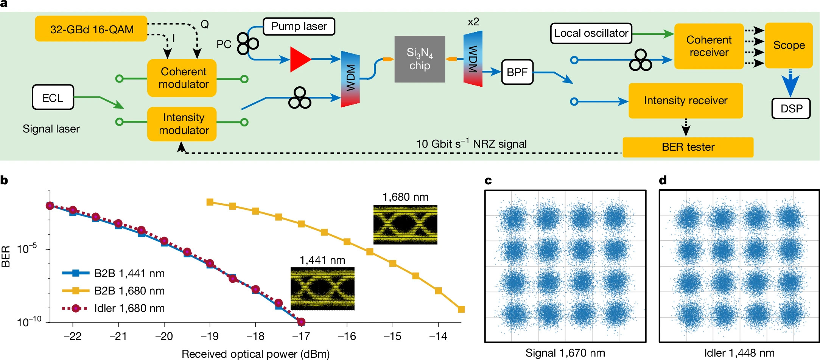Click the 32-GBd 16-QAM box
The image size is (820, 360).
(x=91, y=29)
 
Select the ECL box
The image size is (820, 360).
(x=53, y=97)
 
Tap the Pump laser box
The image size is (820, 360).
(x=299, y=26)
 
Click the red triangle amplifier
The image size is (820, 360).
(x=299, y=59)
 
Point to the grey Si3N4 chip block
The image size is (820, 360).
(x=419, y=59)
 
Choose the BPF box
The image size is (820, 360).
(x=517, y=72)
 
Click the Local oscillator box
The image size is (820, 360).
(x=591, y=33)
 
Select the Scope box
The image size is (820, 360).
(x=789, y=45)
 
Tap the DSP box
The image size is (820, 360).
(x=791, y=109)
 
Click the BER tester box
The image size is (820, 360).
(x=688, y=147)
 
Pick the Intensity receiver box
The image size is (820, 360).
(x=685, y=101)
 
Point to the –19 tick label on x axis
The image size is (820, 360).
(x=210, y=336)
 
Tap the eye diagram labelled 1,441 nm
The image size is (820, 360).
(x=322, y=288)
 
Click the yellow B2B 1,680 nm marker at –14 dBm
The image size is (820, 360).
(x=438, y=291)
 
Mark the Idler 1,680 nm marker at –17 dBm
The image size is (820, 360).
(x=301, y=322)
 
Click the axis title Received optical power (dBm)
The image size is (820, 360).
(x=255, y=354)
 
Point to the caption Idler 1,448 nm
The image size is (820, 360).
(x=739, y=353)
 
